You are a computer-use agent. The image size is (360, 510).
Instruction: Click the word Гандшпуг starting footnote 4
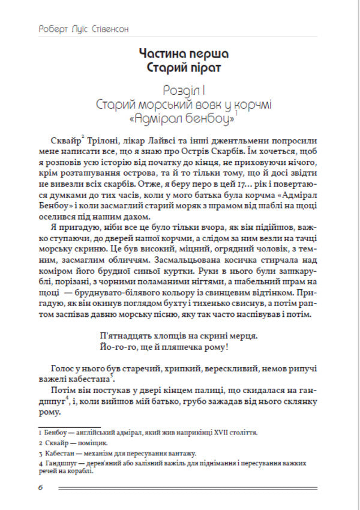click(61, 464)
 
